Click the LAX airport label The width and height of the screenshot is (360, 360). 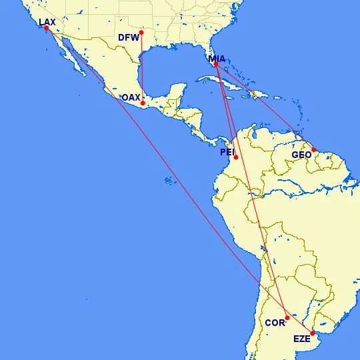(47, 22)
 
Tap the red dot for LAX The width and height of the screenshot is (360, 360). (46, 28)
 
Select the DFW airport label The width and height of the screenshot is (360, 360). (128, 37)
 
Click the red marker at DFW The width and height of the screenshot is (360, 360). (141, 32)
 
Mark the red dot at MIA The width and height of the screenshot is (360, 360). (216, 65)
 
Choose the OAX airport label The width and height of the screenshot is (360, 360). (131, 97)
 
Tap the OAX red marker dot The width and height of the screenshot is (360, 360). (143, 103)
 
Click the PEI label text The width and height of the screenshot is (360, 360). (227, 153)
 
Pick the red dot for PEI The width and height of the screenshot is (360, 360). (236, 157)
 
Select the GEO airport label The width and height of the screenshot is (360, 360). (302, 155)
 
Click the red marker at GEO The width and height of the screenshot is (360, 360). (314, 150)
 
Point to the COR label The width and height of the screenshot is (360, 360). (275, 323)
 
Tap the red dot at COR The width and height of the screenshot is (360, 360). (287, 317)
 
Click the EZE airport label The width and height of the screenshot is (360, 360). (303, 339)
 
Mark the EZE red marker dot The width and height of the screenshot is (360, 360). (313, 333)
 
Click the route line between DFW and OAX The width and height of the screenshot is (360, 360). (142, 67)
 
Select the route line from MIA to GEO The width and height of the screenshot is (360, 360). (267, 109)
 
